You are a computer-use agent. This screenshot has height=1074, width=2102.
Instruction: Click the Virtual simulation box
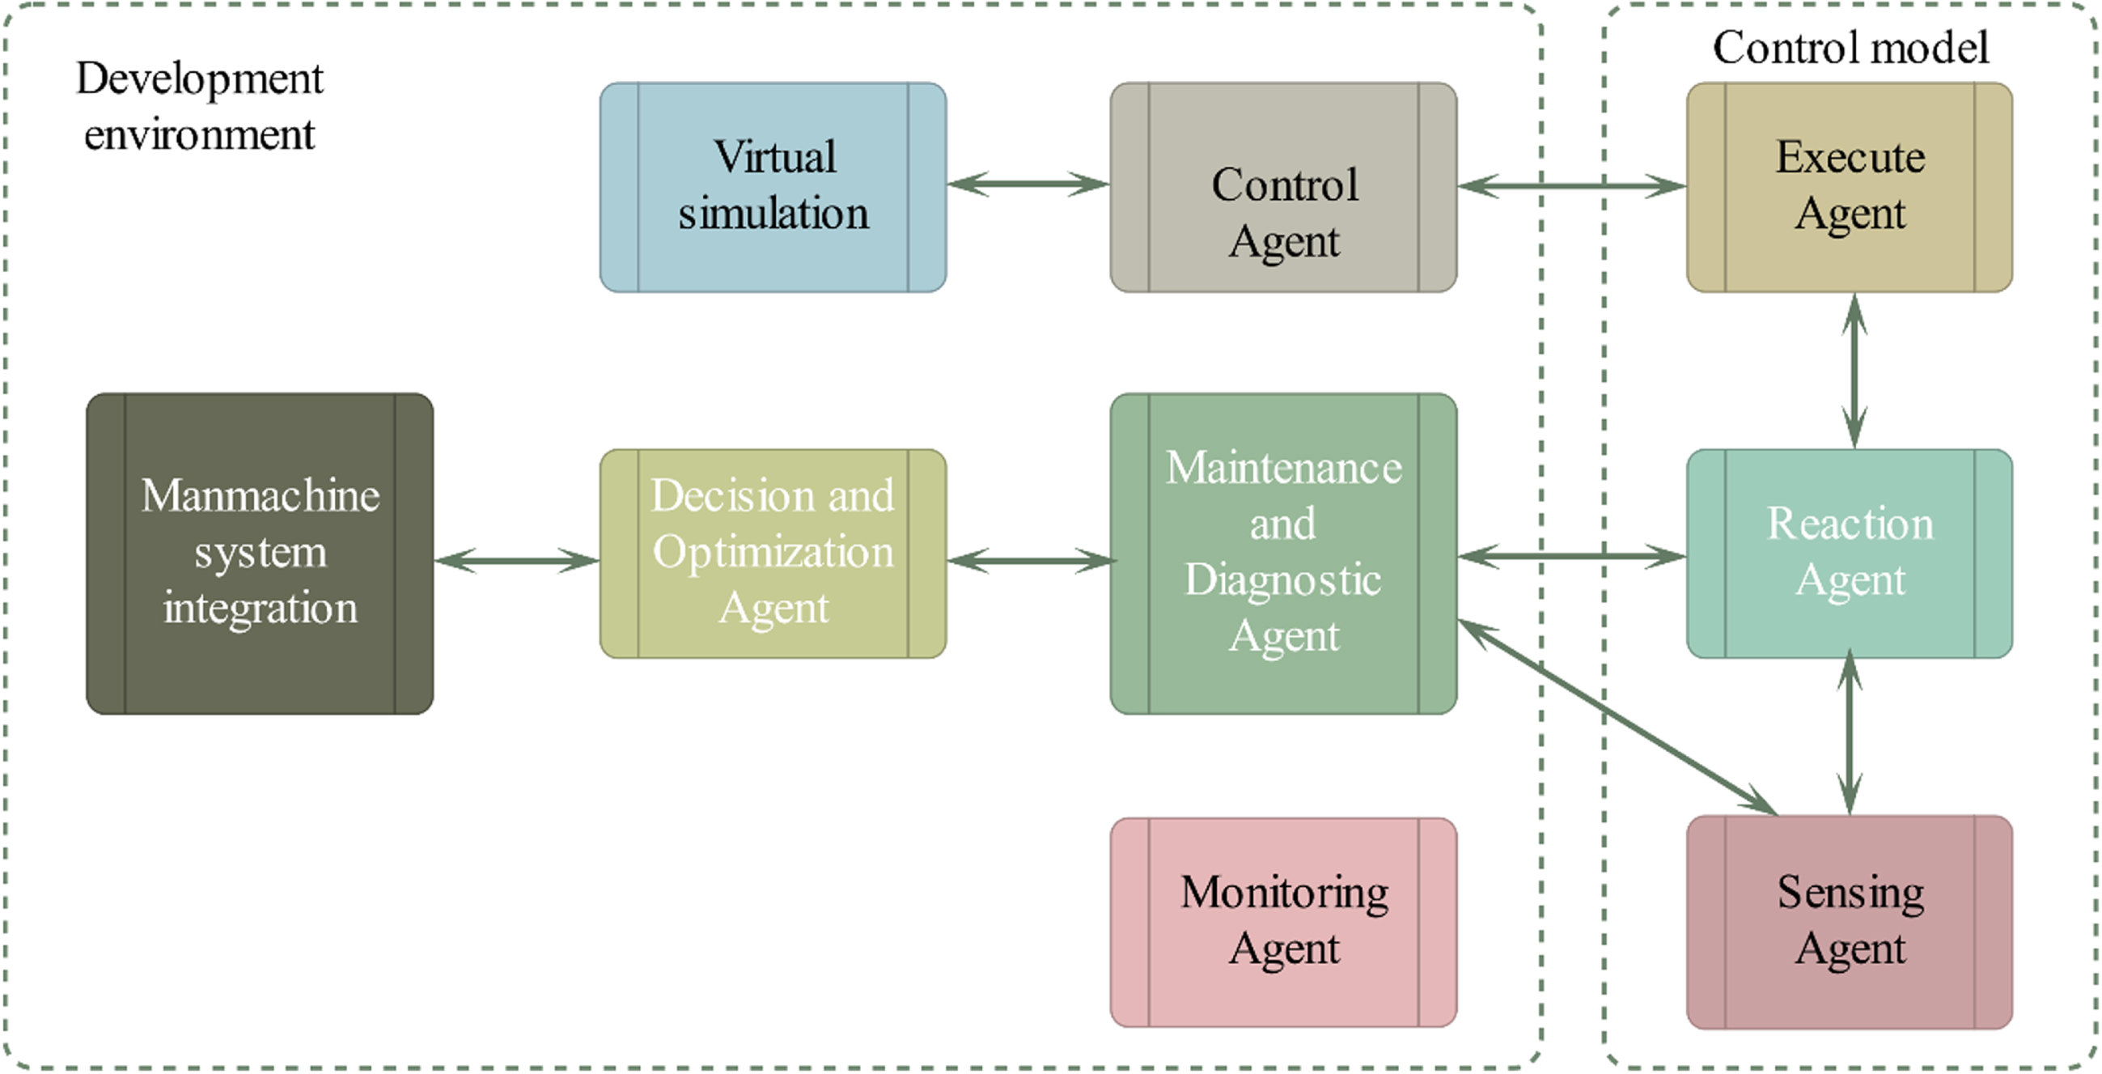[773, 187]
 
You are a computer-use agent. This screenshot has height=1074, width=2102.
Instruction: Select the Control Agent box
[1282, 187]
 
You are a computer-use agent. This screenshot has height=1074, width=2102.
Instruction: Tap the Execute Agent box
[1849, 187]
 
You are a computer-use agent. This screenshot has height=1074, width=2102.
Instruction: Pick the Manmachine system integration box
[260, 554]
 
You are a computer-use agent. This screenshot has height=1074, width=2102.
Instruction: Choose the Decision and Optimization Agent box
[773, 554]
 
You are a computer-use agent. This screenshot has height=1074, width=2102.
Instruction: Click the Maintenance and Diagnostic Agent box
[1282, 554]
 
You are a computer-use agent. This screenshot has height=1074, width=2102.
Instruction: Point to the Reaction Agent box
[1849, 554]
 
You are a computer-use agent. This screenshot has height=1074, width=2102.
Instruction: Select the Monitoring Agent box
[1282, 922]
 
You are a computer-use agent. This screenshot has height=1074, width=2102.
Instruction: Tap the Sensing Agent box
[1849, 922]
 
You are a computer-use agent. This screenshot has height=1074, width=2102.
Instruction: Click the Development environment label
[199, 106]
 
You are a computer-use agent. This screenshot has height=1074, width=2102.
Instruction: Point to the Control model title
[1850, 46]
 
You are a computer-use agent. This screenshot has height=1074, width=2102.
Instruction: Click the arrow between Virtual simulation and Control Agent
[1028, 184]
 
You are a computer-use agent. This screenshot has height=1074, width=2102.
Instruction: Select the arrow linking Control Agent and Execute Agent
[1571, 186]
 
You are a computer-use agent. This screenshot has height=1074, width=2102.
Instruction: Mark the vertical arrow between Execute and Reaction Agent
[1854, 371]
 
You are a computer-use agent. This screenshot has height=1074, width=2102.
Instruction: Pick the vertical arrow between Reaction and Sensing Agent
[1849, 737]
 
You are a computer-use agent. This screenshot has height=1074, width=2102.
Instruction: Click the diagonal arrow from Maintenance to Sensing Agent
[1618, 717]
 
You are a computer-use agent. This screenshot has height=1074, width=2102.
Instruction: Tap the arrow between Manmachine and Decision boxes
[516, 561]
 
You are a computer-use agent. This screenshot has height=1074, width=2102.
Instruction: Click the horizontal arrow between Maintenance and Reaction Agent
[1571, 557]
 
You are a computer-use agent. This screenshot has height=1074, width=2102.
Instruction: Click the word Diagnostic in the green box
[1282, 581]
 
